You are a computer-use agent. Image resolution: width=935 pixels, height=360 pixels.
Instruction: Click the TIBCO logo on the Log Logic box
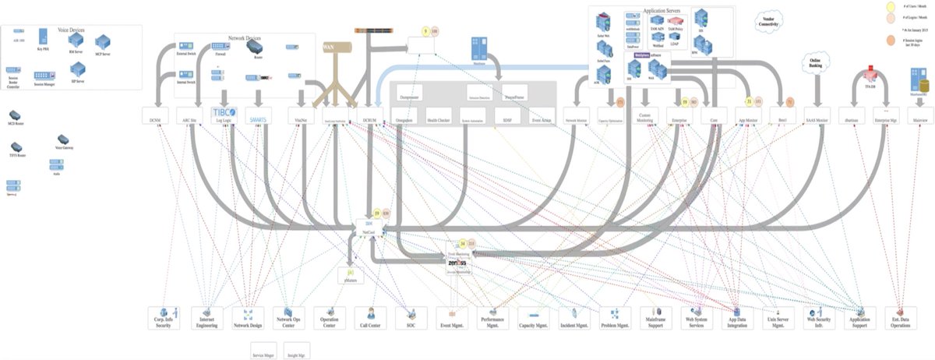point(224,111)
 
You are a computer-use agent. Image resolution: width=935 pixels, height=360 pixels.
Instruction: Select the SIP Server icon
point(77,73)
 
